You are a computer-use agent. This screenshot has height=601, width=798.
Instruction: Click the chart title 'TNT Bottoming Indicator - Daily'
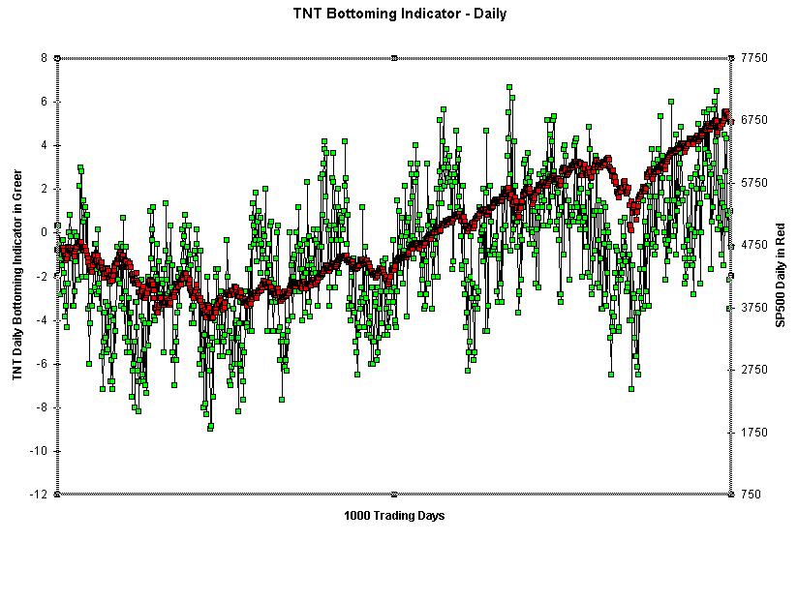coord(399,14)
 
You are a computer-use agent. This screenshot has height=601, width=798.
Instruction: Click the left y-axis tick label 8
coord(44,58)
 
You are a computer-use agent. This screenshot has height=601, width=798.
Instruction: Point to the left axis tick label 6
coord(44,102)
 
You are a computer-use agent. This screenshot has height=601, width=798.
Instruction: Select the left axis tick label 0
coord(44,232)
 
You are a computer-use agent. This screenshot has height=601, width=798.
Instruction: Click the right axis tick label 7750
coord(753,58)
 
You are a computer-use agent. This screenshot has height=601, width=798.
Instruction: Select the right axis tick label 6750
coord(753,120)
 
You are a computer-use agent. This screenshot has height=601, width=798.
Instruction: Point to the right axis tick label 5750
coord(753,183)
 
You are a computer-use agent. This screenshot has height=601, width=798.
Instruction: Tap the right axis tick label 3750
coord(753,308)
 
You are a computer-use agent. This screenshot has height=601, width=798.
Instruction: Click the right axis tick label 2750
coord(753,370)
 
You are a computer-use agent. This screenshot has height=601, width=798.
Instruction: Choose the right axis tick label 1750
coord(753,433)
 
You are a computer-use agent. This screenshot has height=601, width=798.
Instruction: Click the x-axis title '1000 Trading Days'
coord(394,516)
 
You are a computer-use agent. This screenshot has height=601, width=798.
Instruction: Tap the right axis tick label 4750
coord(753,245)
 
